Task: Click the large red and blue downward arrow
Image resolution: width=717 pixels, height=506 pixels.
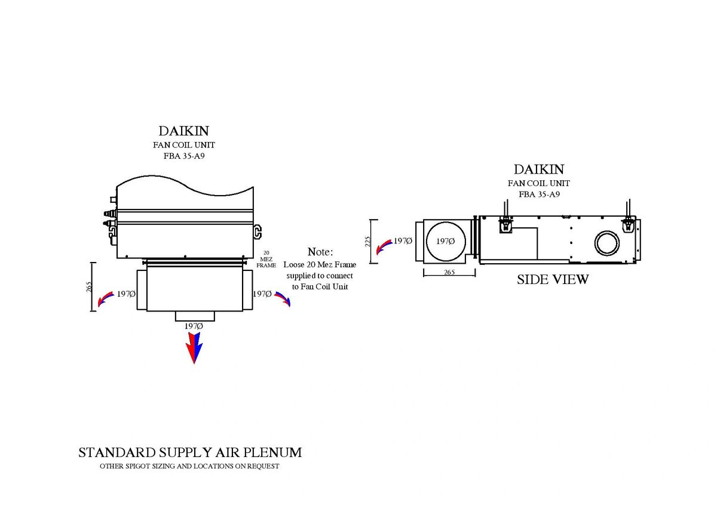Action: (x=194, y=348)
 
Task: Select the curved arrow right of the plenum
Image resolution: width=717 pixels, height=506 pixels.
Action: (x=283, y=298)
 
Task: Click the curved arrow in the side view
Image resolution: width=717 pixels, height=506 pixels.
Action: (x=383, y=246)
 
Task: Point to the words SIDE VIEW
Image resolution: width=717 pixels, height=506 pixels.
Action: (x=553, y=279)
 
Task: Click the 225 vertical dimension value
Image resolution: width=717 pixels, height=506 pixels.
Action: (x=368, y=241)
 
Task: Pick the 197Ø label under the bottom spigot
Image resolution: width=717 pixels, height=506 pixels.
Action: (x=194, y=326)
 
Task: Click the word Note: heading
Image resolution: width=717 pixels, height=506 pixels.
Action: (x=320, y=252)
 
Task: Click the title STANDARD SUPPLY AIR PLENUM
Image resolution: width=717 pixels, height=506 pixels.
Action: (x=190, y=452)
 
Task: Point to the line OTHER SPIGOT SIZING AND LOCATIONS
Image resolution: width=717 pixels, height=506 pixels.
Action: (x=189, y=466)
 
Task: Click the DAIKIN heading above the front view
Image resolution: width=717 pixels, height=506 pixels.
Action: (x=184, y=131)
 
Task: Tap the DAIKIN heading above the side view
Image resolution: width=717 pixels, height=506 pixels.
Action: (x=538, y=169)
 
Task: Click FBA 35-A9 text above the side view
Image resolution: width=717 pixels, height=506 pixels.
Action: (x=538, y=194)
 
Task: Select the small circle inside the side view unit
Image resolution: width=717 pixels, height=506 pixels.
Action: (x=608, y=243)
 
